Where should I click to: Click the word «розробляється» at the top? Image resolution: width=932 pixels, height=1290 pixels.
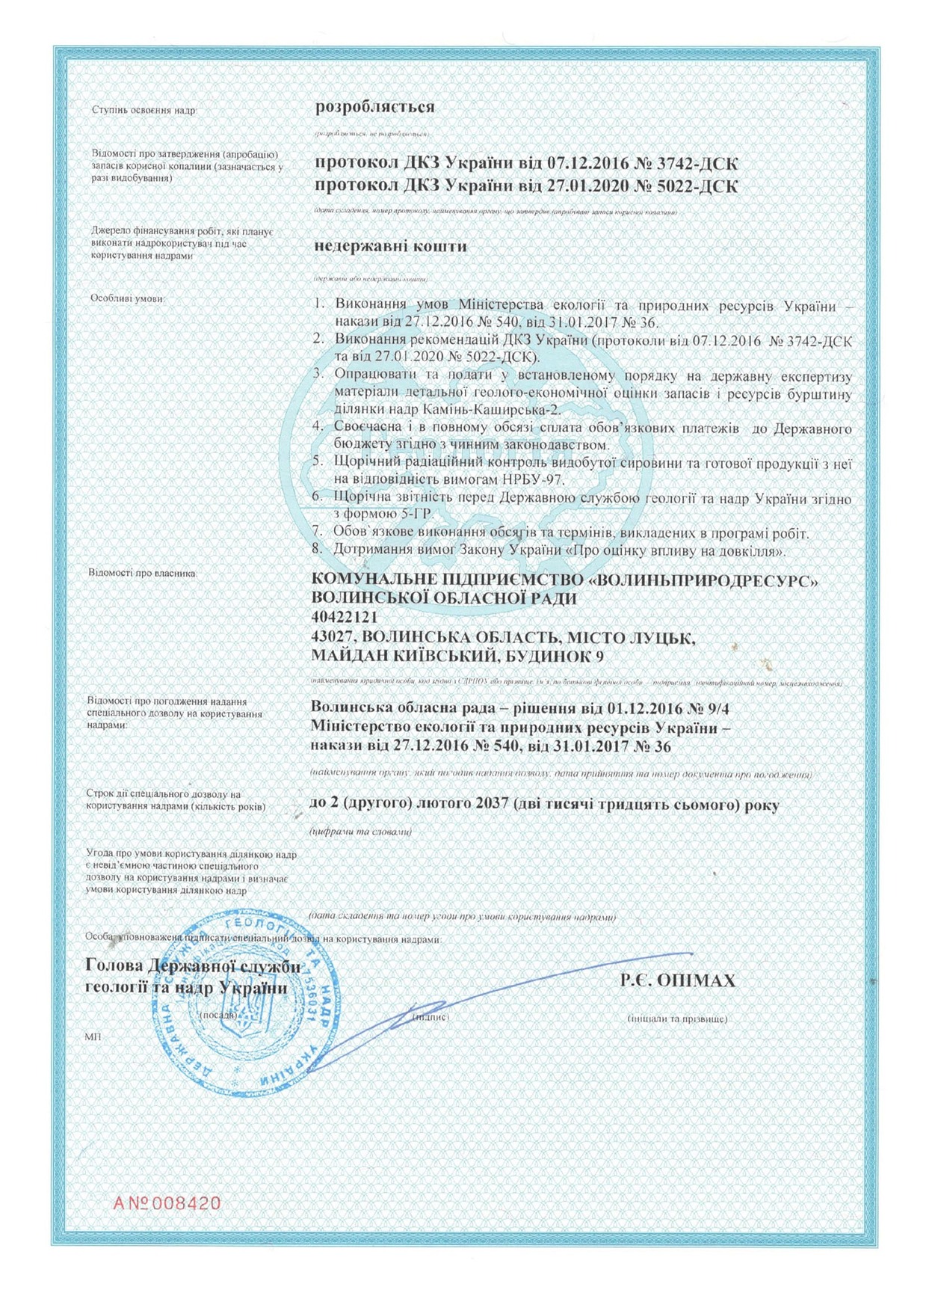coord(374,107)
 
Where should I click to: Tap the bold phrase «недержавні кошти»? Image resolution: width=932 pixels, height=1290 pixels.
coord(390,246)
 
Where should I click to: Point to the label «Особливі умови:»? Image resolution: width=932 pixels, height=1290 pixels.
coord(127,298)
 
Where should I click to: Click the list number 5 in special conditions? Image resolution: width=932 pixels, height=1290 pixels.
coord(317,464)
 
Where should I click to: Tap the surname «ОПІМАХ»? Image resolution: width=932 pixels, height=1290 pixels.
coord(697,980)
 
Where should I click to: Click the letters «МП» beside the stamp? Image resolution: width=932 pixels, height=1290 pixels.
coord(93,1036)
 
